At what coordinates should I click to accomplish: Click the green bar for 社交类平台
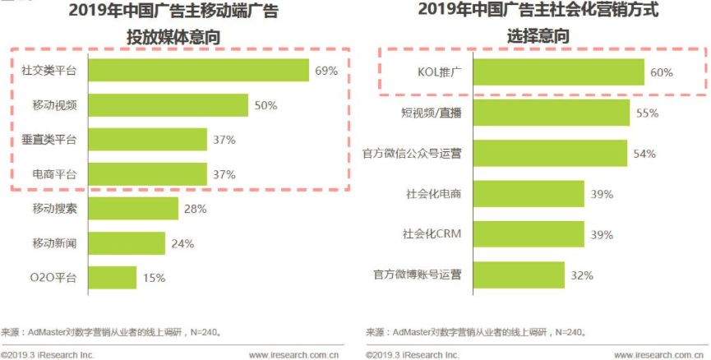tap(197, 71)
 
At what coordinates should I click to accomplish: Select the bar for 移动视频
tap(167, 105)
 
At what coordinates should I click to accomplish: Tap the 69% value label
tap(326, 71)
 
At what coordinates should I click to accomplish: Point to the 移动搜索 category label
tap(55, 209)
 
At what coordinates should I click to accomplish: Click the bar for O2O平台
tap(111, 278)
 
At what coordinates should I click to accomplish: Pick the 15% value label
tap(154, 278)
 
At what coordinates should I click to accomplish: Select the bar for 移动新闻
tap(125, 243)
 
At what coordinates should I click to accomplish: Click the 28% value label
tap(195, 209)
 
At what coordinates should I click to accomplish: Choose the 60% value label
tap(662, 72)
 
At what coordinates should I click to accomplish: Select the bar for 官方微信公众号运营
tap(549, 154)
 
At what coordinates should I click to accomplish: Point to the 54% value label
tap(645, 154)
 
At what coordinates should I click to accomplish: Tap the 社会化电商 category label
tap(434, 194)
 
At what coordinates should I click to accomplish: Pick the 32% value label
tap(582, 275)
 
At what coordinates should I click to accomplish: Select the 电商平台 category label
tap(55, 174)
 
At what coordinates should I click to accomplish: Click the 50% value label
tap(265, 105)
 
